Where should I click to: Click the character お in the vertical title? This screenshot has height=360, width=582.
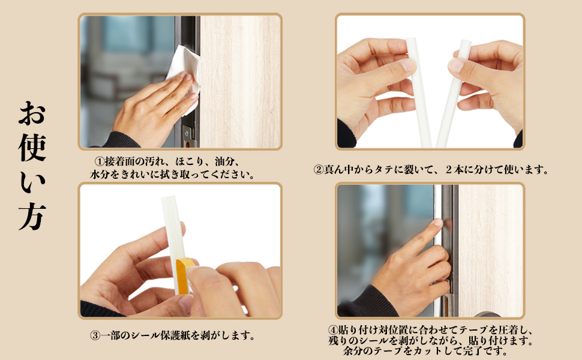(x=32, y=113)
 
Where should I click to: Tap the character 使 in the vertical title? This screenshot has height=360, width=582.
(x=32, y=148)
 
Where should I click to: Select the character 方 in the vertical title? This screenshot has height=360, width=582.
(x=32, y=217)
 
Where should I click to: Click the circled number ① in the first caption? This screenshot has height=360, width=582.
(x=100, y=161)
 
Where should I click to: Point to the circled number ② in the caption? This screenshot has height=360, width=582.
(x=319, y=170)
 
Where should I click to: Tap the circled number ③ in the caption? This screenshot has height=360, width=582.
(x=95, y=336)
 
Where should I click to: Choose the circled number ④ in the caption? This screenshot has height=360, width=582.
(x=333, y=330)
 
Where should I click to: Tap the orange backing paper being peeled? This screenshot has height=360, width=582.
(x=182, y=275)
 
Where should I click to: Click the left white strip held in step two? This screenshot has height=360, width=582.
(x=419, y=93)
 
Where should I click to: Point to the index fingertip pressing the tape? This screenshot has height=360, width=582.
(x=438, y=223)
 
